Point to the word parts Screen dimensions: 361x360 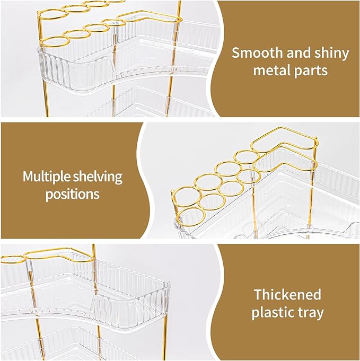[x=314, y=71]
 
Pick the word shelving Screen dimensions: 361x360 [x=99, y=177]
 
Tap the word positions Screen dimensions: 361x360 [x=72, y=194]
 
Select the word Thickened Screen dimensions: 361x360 [x=287, y=295]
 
